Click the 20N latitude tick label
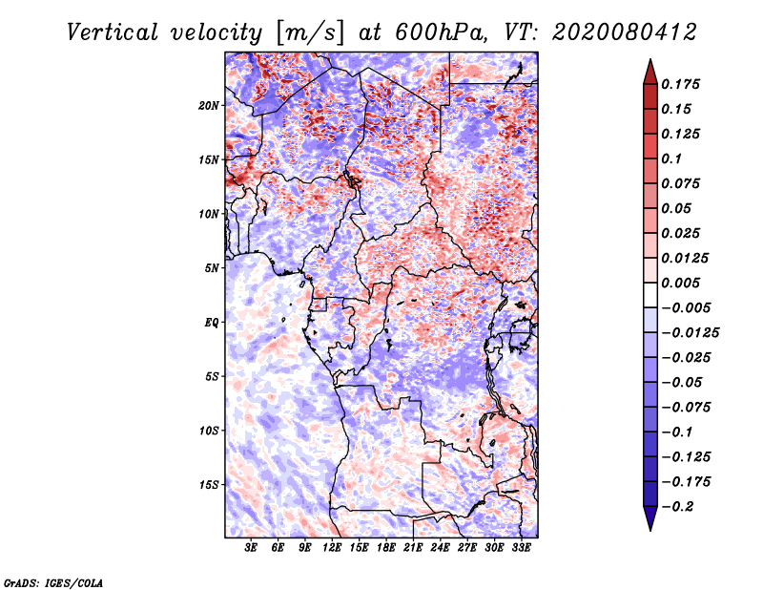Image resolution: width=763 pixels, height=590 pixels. point(209,106)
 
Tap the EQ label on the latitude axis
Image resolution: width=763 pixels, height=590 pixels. point(211,323)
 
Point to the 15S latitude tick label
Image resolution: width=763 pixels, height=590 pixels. point(209,485)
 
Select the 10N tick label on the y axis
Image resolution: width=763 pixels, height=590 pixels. point(209,214)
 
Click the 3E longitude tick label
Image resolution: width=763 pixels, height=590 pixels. point(251,548)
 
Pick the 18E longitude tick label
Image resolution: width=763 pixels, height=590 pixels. point(386,548)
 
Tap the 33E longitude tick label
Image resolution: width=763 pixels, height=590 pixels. point(521,548)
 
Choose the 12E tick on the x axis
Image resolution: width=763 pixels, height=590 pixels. point(332,548)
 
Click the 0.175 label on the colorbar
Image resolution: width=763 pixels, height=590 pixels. point(680,84)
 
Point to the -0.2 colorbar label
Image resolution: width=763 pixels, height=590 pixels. point(677,507)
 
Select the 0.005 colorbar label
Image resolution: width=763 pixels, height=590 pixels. point(680,283)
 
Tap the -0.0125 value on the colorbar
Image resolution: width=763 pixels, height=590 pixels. point(690,333)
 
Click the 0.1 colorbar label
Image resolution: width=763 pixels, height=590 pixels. point(671,158)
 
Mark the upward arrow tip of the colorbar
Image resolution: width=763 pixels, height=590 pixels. point(650,59)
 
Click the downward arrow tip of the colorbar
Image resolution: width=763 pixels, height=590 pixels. point(650,530)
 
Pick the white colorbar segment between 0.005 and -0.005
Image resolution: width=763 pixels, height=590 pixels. point(650,295)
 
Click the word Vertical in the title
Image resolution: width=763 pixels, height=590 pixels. point(113,32)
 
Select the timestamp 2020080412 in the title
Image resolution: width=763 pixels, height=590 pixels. point(625,32)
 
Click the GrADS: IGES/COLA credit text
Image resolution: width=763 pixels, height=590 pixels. point(53,583)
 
